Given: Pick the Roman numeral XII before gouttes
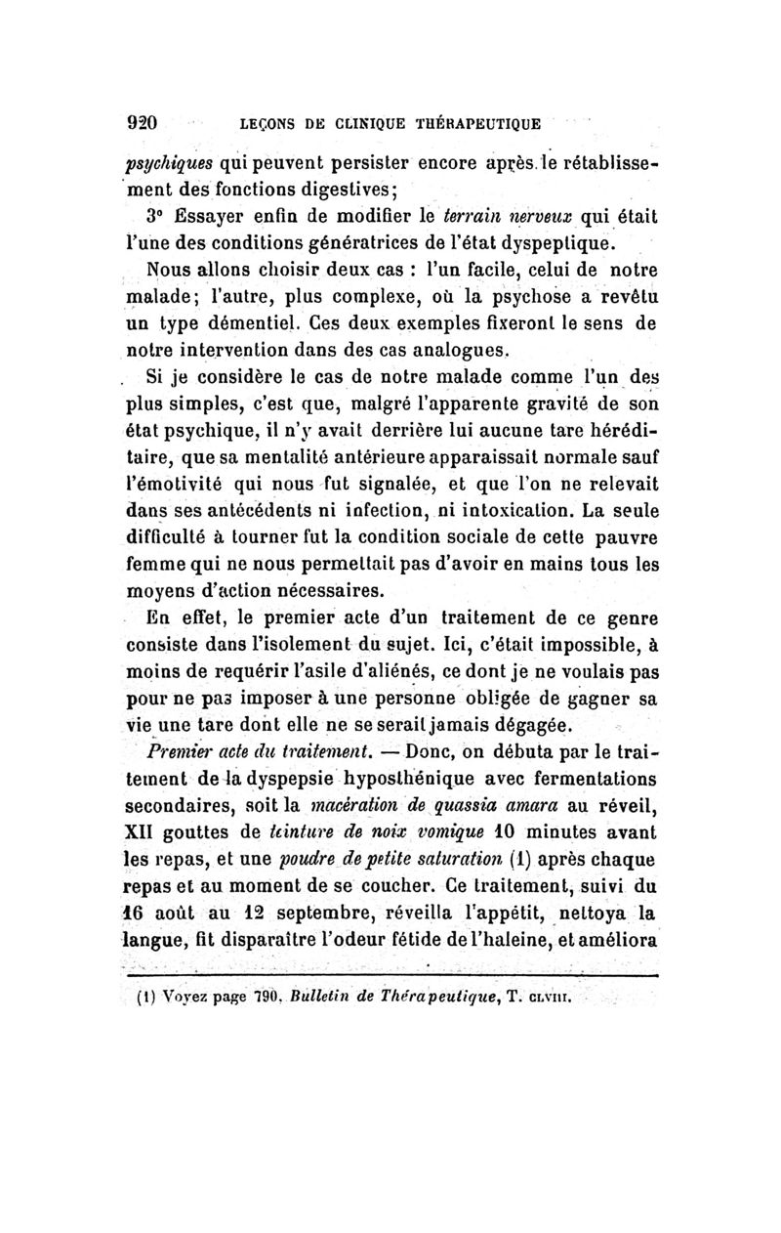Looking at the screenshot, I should [145, 833].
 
